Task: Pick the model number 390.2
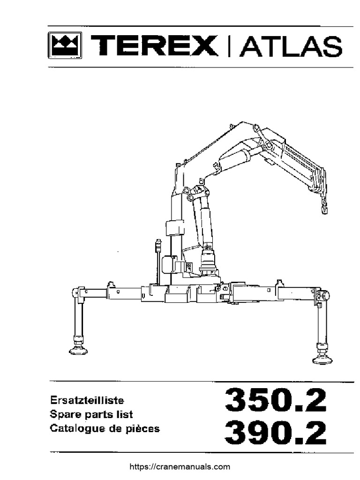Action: click(x=276, y=432)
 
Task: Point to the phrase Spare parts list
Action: click(x=91, y=414)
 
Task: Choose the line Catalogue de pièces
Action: click(x=105, y=428)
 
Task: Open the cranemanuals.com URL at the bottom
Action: click(x=180, y=466)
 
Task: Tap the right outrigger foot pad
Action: click(x=322, y=359)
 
